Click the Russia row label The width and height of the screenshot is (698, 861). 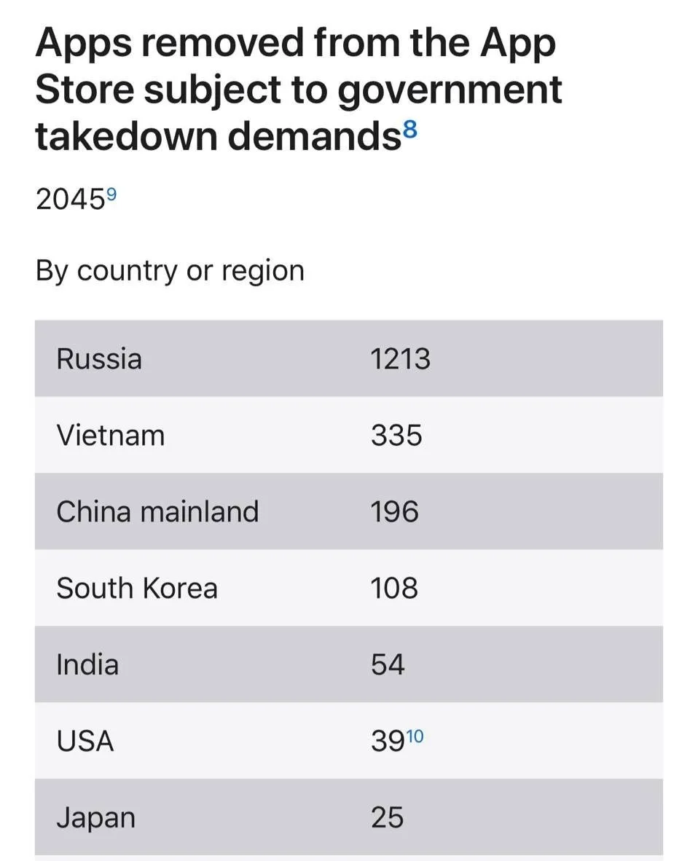tap(99, 359)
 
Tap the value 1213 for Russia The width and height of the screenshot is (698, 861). tap(400, 360)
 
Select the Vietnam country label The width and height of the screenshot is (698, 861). tap(111, 436)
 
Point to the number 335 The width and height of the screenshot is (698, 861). tap(396, 436)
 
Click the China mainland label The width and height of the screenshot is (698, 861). tap(157, 512)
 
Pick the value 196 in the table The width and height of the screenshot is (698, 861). tap(394, 512)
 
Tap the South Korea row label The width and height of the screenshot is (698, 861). tap(137, 588)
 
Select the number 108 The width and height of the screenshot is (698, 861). tap(394, 588)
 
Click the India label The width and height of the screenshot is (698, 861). tap(87, 664)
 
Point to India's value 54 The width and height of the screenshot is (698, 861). tap(388, 664)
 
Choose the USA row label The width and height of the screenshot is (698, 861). tap(85, 741)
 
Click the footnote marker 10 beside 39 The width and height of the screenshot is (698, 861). tap(415, 735)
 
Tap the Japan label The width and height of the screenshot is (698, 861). tap(95, 818)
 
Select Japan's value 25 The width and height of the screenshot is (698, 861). tap(387, 817)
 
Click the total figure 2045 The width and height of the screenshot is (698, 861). tap(70, 200)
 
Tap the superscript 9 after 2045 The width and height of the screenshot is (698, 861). tap(111, 194)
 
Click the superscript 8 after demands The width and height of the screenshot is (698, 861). tap(410, 131)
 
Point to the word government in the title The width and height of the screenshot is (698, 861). tap(450, 91)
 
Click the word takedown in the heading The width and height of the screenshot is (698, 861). tap(127, 137)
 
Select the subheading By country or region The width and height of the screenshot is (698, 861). tap(170, 271)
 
